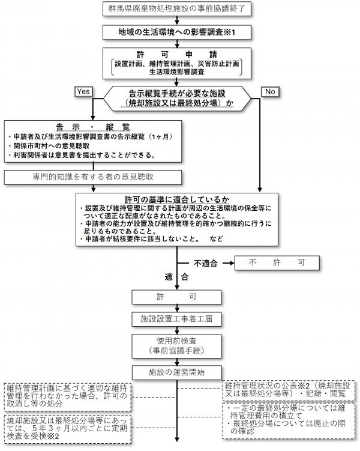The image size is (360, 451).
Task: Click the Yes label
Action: coord(83,91)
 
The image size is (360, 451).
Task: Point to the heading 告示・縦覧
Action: coord(93,127)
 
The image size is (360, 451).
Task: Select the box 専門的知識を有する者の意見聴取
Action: coord(92,177)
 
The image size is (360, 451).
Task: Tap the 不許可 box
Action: coord(277,263)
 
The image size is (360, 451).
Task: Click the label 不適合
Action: coord(205,263)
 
